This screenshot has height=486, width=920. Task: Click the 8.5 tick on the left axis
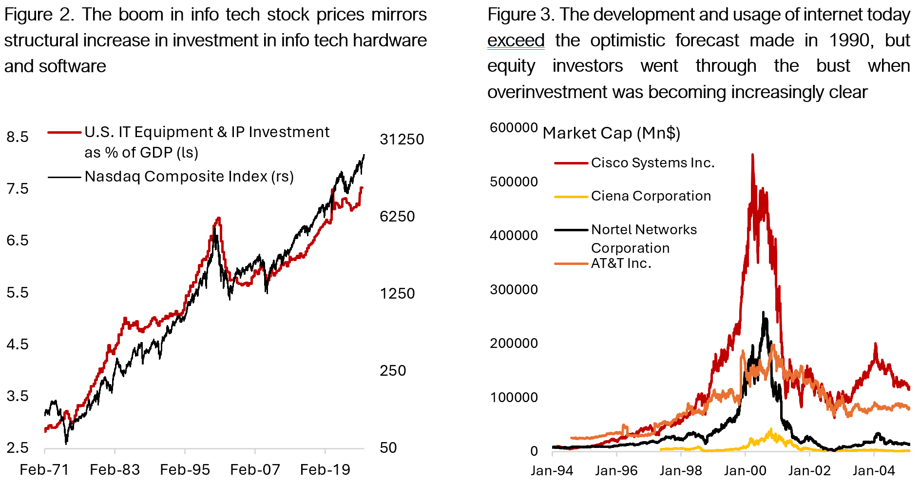click(x=18, y=137)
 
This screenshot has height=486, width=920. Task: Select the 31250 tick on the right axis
click(x=402, y=140)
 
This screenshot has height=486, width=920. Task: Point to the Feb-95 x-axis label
click(x=185, y=470)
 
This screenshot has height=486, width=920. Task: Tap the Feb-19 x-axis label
click(x=325, y=470)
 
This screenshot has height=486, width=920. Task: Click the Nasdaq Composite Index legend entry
click(x=189, y=177)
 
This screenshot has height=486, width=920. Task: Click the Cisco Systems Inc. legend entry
click(x=652, y=163)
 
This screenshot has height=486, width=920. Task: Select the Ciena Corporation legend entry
click(x=651, y=196)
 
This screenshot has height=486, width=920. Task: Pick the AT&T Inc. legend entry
click(x=621, y=263)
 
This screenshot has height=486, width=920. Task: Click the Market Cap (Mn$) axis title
click(x=611, y=133)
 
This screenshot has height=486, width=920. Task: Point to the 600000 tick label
click(x=514, y=128)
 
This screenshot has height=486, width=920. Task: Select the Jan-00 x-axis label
click(x=745, y=471)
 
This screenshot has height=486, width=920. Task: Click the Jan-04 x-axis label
click(x=874, y=471)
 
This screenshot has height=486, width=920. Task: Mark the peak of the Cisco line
click(x=752, y=155)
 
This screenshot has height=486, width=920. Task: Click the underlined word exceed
click(x=516, y=40)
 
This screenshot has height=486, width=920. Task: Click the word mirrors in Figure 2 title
click(x=399, y=15)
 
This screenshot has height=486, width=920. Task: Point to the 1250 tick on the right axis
click(x=397, y=294)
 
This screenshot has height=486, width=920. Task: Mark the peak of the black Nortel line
click(x=763, y=312)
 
